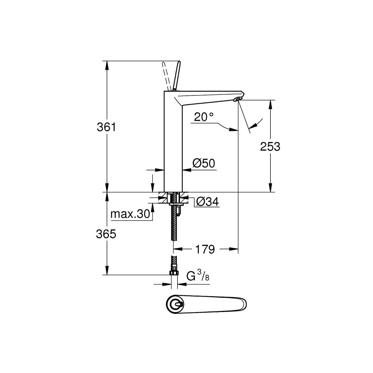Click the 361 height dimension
(106, 127)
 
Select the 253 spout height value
(270, 146)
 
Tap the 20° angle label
(204, 117)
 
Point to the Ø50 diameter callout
(204, 163)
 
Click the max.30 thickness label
(130, 214)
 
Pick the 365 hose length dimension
(106, 234)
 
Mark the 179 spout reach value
(205, 249)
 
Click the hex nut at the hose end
(174, 273)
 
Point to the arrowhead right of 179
(233, 249)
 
